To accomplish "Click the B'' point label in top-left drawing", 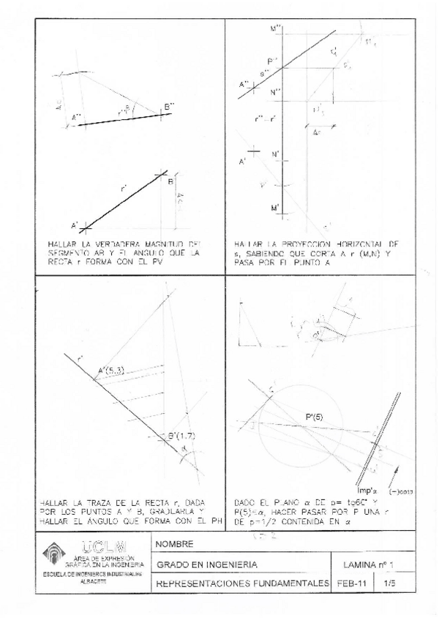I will pyautogui.click(x=168, y=107).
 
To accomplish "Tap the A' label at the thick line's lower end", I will pyautogui.click(x=74, y=224).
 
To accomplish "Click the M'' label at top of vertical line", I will pyautogui.click(x=276, y=28).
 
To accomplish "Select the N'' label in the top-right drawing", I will pyautogui.click(x=275, y=91).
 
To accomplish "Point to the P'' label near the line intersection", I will pyautogui.click(x=273, y=61).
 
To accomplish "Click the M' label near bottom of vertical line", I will pyautogui.click(x=275, y=208).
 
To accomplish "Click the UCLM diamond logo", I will pyautogui.click(x=56, y=554).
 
